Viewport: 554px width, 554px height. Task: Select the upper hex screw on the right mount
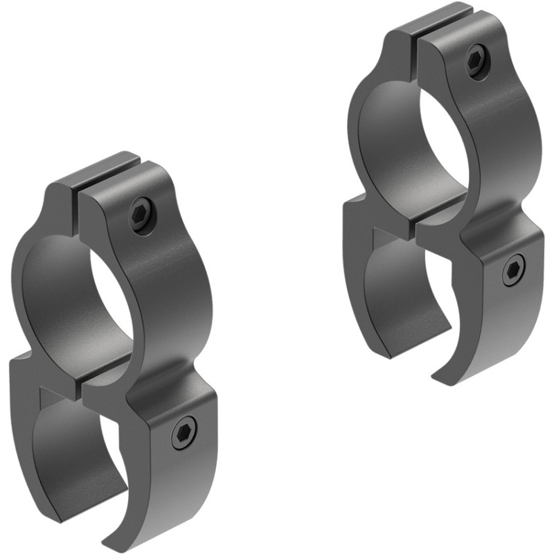477,60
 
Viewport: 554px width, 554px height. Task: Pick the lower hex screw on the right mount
513,269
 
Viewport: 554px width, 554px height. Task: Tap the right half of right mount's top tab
443,30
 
